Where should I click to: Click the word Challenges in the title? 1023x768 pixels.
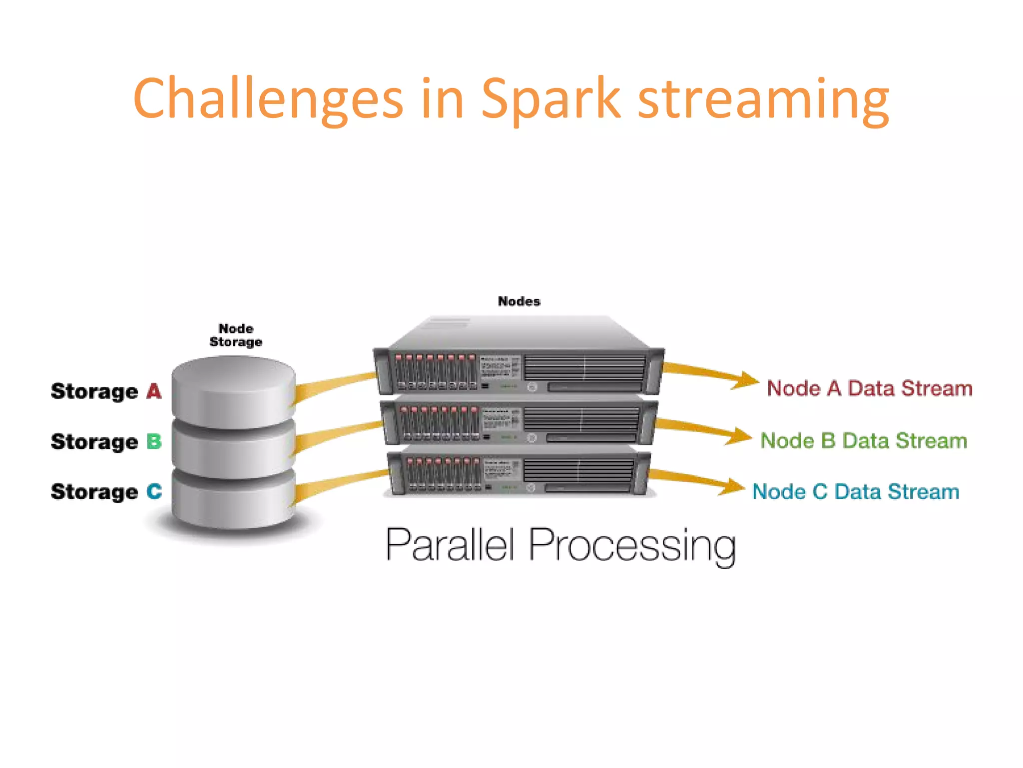[268, 98]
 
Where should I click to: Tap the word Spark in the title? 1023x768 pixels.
[550, 98]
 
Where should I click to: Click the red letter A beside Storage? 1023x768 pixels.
[154, 391]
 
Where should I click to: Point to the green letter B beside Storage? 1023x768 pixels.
[154, 441]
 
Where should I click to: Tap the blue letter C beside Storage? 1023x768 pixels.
[154, 491]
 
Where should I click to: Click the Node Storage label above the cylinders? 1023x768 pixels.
[236, 335]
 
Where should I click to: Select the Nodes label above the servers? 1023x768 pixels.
[519, 301]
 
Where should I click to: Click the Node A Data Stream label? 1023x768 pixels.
[870, 388]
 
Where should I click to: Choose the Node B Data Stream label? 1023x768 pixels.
[864, 440]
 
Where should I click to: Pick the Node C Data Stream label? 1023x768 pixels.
[856, 491]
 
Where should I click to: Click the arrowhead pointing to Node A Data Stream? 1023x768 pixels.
[747, 380]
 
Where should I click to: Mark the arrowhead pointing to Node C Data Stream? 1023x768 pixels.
[732, 486]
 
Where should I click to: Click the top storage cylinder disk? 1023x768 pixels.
[233, 390]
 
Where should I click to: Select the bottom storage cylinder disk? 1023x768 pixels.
[233, 500]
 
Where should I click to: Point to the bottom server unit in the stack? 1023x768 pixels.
[519, 474]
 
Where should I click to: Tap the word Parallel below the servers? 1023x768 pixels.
[450, 545]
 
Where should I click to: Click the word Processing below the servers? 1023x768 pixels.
[632, 546]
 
